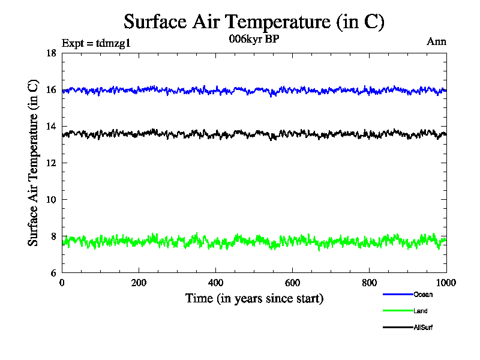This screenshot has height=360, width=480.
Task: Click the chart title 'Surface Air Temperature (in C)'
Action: pyautogui.click(x=254, y=22)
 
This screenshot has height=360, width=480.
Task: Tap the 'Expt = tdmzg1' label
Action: pyautogui.click(x=96, y=43)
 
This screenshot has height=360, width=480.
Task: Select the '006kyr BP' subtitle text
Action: pyautogui.click(x=254, y=39)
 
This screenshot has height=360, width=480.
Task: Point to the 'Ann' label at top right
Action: pyautogui.click(x=436, y=41)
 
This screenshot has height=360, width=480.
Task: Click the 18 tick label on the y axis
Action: pyautogui.click(x=51, y=53)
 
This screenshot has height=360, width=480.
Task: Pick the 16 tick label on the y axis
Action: pyautogui.click(x=51, y=90)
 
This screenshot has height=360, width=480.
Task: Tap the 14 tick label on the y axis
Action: pyautogui.click(x=51, y=127)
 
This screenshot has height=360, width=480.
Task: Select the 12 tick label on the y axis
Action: pyautogui.click(x=51, y=163)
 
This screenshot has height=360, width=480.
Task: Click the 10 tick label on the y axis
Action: pyautogui.click(x=51, y=200)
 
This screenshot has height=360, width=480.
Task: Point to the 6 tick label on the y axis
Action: pyautogui.click(x=53, y=273)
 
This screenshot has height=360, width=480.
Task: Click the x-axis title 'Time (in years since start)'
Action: pyautogui.click(x=254, y=298)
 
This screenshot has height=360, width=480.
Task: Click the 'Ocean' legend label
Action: pyautogui.click(x=422, y=295)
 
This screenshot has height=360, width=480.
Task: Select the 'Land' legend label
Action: pyautogui.click(x=420, y=311)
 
